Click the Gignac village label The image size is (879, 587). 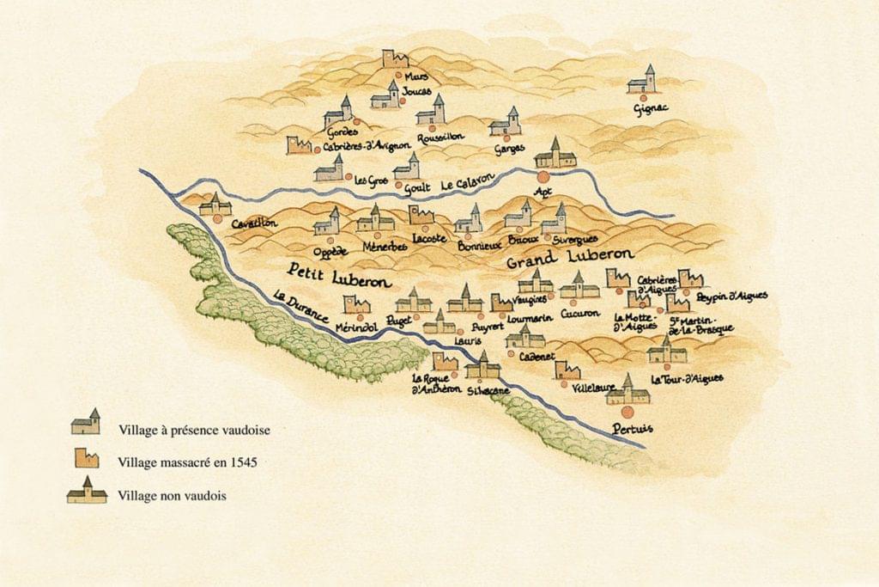[x=650, y=108]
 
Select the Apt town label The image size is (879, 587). [x=542, y=191]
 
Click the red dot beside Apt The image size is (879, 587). [x=543, y=176]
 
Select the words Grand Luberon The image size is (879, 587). [x=570, y=256]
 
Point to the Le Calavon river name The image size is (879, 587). [x=469, y=182]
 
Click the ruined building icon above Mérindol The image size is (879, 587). [x=355, y=304]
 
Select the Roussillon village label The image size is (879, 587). [x=440, y=138]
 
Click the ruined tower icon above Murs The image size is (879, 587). [x=395, y=59]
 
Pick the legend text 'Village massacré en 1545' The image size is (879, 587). [x=188, y=462]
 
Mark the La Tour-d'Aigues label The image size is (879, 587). [x=687, y=378]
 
